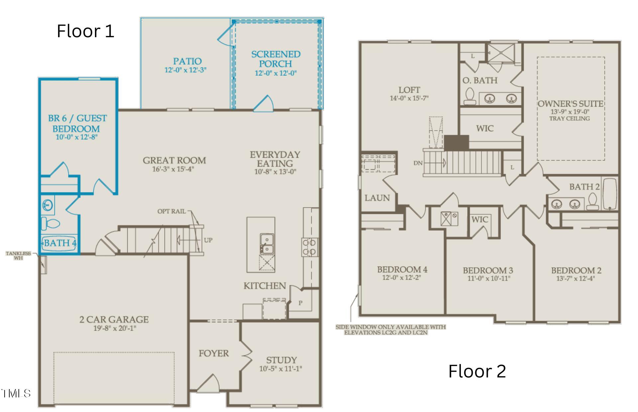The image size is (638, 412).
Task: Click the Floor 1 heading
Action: pyautogui.click(x=85, y=31)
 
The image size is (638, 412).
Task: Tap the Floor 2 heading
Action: pyautogui.click(x=477, y=371)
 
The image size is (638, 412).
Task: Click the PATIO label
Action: pyautogui.click(x=187, y=61)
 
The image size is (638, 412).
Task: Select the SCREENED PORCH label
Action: pyautogui.click(x=276, y=59)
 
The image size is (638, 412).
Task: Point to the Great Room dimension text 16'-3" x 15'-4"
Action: pyautogui.click(x=173, y=169)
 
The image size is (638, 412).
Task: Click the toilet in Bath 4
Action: pyautogui.click(x=50, y=224)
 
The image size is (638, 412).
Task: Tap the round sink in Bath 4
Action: pyautogui.click(x=48, y=205)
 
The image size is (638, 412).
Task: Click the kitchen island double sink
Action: pyautogui.click(x=266, y=244)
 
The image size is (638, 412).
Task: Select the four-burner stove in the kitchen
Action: pyautogui.click(x=310, y=247)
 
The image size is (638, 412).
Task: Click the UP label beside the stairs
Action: pyautogui.click(x=208, y=240)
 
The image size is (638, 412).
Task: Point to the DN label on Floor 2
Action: pyautogui.click(x=418, y=163)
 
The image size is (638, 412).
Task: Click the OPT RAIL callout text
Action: pyautogui.click(x=171, y=211)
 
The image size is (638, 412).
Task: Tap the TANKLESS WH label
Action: pyautogui.click(x=18, y=256)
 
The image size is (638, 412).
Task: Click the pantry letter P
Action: pyautogui.click(x=300, y=303)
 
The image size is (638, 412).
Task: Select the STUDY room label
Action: pyautogui.click(x=281, y=360)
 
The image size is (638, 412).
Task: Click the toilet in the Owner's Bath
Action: pyautogui.click(x=470, y=96)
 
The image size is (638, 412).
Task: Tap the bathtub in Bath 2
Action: pyautogui.click(x=610, y=194)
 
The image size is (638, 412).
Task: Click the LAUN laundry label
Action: pyautogui.click(x=377, y=198)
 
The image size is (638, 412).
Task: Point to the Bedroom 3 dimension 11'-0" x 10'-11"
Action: pyautogui.click(x=488, y=278)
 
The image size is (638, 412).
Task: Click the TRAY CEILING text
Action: pyautogui.click(x=570, y=119)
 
